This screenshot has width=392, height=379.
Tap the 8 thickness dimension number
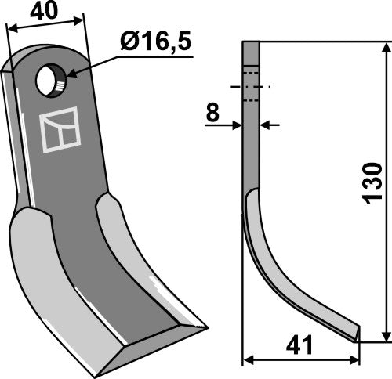tap(212, 114)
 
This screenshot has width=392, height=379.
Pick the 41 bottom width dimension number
tap(301, 344)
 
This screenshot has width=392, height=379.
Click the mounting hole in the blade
tap(51, 81)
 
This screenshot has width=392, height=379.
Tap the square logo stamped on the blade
tap(60, 130)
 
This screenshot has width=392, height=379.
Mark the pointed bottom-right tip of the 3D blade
tap(205, 327)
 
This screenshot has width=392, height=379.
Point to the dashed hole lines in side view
tap(251, 85)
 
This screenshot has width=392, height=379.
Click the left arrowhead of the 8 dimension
tap(238, 124)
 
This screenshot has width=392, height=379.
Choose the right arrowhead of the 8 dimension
tap(263, 124)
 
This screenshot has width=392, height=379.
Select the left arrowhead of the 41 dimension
tap(248, 359)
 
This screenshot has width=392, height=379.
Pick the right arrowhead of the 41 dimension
tap(357, 359)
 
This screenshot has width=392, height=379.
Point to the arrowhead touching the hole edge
tap(69, 74)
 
